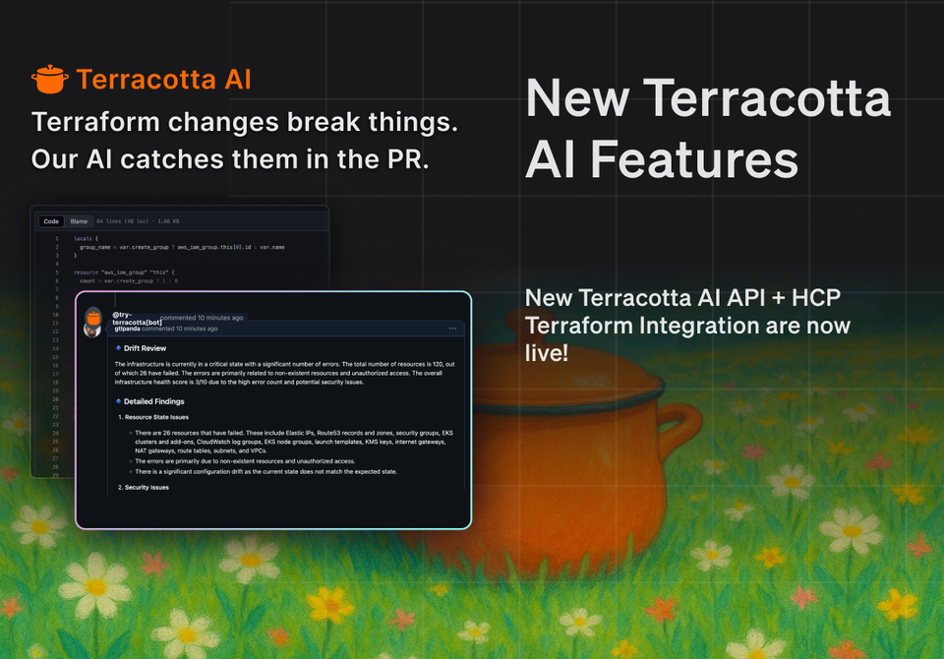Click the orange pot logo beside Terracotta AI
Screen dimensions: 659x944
pos(49,79)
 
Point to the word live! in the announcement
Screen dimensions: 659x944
pos(547,352)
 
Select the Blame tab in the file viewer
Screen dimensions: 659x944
pos(79,221)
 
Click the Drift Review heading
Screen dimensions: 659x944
pos(145,348)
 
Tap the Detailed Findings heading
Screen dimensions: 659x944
pos(153,401)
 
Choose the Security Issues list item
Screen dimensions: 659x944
pos(147,488)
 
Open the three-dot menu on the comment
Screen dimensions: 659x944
pos(452,329)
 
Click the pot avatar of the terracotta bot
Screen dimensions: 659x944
pos(93,319)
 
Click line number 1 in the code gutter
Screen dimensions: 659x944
pos(57,239)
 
